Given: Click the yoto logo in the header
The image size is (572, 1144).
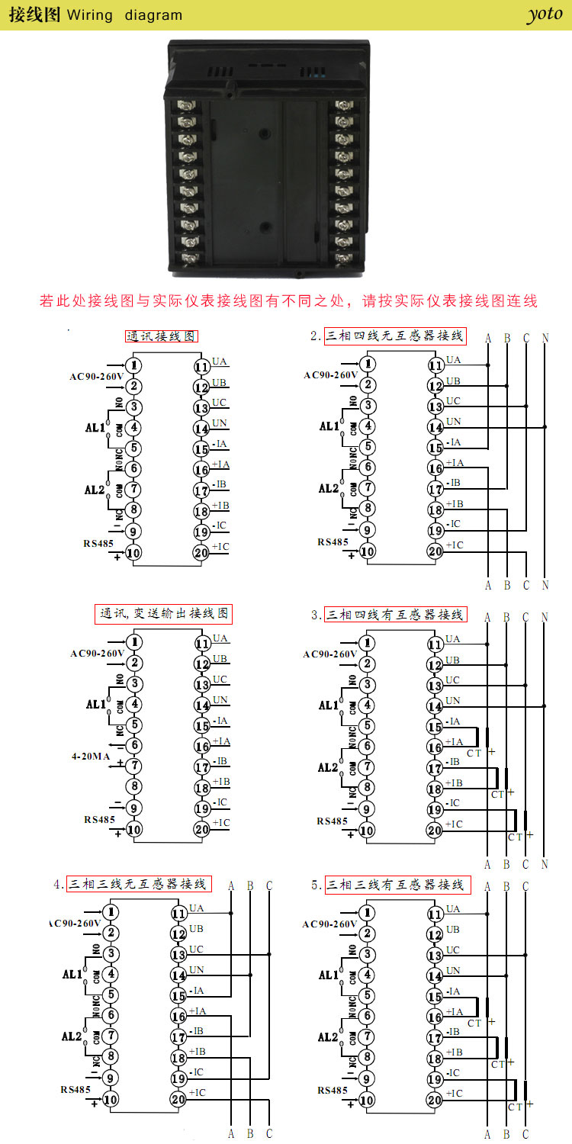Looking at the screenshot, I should pyautogui.click(x=544, y=14).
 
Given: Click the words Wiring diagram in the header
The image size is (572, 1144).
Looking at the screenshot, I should pyautogui.click(x=125, y=15).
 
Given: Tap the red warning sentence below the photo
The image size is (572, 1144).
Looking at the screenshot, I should pyautogui.click(x=288, y=300).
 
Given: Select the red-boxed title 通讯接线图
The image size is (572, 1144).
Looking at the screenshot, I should pyautogui.click(x=162, y=336).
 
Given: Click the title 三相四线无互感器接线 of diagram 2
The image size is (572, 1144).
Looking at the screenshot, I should pyautogui.click(x=394, y=336).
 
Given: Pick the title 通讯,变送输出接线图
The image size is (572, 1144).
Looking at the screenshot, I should pyautogui.click(x=163, y=613).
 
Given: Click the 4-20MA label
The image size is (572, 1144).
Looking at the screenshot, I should pyautogui.click(x=91, y=756).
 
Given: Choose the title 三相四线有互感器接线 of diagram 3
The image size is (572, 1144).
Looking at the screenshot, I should pyautogui.click(x=394, y=615).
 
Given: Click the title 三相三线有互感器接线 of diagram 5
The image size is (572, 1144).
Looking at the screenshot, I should pyautogui.click(x=395, y=885).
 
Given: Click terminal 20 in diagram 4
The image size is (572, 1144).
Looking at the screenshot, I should pyautogui.click(x=178, y=1099).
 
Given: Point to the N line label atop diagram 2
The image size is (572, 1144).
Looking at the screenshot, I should pyautogui.click(x=545, y=337).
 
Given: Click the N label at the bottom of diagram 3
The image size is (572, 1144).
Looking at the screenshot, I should pyautogui.click(x=545, y=864).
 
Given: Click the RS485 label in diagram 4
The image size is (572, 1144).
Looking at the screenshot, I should pyautogui.click(x=76, y=1090).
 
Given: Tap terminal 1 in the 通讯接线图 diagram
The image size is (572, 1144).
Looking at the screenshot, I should pyautogui.click(x=134, y=365).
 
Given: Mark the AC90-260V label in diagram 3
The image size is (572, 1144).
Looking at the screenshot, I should pyautogui.click(x=329, y=654).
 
